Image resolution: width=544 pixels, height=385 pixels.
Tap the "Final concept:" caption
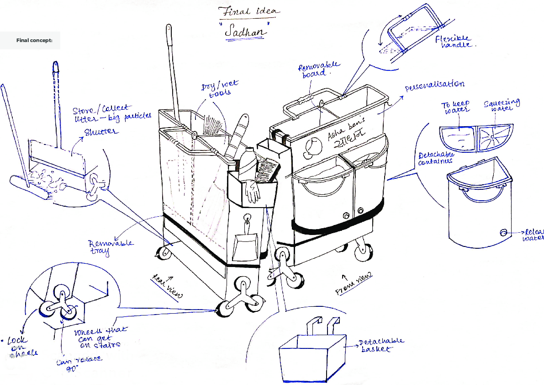[x=34, y=41]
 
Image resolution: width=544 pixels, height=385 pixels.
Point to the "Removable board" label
[x=319, y=70]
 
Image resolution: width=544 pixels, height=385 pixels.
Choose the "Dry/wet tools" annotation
[x=220, y=89]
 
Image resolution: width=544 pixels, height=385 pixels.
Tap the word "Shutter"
[x=100, y=133]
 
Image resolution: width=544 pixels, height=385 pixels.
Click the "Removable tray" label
[x=111, y=246]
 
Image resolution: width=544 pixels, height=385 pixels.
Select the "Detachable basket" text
[x=381, y=345]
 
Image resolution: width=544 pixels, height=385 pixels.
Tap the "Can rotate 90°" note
[x=79, y=364]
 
